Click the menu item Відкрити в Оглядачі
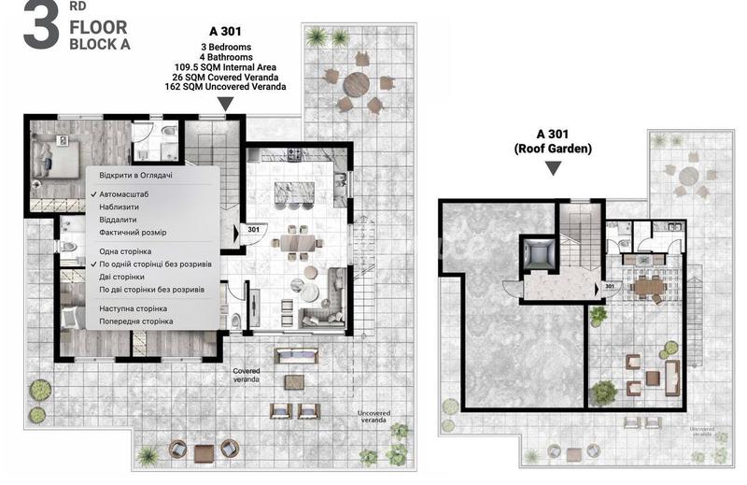pos(135,176)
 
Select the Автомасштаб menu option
pos(124,194)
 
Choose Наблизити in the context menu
pos(120,207)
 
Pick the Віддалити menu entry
pos(118,220)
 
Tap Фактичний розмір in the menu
pos(133,233)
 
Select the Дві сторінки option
pos(121,277)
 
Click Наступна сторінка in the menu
pos(133,309)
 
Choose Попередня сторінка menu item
pos(135,321)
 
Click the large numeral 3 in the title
pos(41,26)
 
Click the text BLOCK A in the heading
pos(100,44)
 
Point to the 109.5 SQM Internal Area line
pos(225,67)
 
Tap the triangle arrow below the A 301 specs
pos(225,104)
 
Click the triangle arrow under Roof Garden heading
pos(553,168)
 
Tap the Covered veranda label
pos(247,375)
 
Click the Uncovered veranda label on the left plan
pos(374,417)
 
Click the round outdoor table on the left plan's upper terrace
pos(357,84)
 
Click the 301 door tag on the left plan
pos(253,230)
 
